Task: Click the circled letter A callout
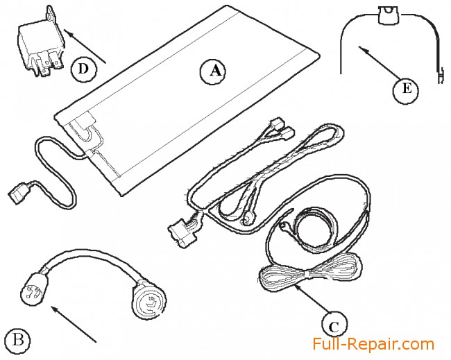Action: (212, 72)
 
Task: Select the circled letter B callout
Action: (18, 341)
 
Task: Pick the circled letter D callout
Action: (84, 69)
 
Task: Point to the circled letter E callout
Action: (406, 90)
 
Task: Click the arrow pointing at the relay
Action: (85, 46)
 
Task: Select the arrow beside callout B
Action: (74, 324)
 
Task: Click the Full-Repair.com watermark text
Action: (373, 344)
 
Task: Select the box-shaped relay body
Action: (41, 47)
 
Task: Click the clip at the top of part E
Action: (388, 15)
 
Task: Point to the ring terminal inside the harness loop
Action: (246, 221)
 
